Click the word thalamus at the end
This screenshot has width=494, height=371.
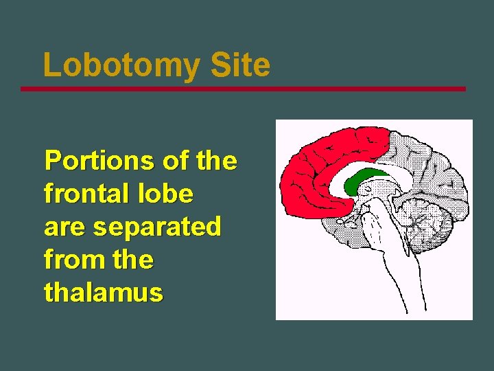(104, 293)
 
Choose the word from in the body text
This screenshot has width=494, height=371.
(69, 260)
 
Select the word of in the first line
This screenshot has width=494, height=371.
(176, 161)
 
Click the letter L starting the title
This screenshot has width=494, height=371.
(51, 66)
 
